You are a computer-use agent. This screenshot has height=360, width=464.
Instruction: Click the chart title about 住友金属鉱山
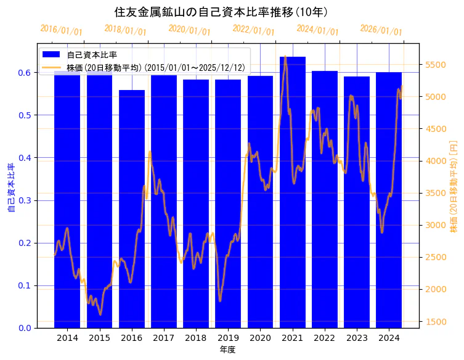pos(221,12)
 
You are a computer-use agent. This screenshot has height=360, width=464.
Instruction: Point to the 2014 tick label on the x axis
pos(67,338)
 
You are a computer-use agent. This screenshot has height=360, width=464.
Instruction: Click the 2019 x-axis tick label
pos(228,338)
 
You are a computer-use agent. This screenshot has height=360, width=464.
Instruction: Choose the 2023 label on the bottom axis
pos(357,338)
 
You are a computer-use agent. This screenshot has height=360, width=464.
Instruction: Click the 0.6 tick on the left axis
pos(24,73)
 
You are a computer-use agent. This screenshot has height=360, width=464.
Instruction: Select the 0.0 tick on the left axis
pos(24,328)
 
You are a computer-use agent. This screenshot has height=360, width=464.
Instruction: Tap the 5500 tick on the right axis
pos(436,65)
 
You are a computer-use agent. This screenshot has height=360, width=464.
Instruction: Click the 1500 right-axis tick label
pos(436,321)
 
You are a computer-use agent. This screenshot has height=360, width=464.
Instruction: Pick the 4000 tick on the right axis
pos(436,161)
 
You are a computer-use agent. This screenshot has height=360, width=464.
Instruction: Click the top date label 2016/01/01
pos(61,30)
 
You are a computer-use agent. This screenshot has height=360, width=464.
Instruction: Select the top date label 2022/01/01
pos(253,30)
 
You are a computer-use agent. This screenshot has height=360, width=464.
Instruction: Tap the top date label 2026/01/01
pos(381,30)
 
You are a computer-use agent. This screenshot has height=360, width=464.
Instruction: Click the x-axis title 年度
pos(227,350)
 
